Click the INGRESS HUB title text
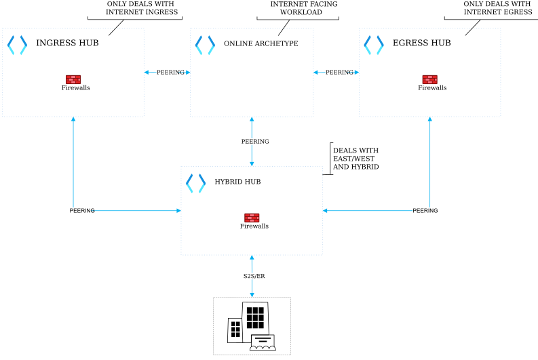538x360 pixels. [x=67, y=43]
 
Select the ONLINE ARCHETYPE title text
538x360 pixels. [x=261, y=44]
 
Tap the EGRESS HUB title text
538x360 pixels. [x=421, y=43]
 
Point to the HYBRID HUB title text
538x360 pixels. [x=237, y=182]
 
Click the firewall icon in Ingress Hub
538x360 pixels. [x=73, y=79]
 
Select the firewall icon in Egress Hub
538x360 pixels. [x=430, y=79]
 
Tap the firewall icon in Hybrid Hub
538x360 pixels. [x=252, y=218]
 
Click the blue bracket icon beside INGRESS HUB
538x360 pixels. [x=17, y=45]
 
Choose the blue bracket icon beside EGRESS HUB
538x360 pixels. [x=373, y=45]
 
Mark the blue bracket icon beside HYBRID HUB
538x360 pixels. [x=195, y=183]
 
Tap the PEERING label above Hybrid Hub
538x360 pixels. [x=255, y=142]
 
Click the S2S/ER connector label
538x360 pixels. [x=254, y=277]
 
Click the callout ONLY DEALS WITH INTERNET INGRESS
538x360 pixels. [x=141, y=8]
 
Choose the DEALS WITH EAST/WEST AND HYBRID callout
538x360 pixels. [x=356, y=159]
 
